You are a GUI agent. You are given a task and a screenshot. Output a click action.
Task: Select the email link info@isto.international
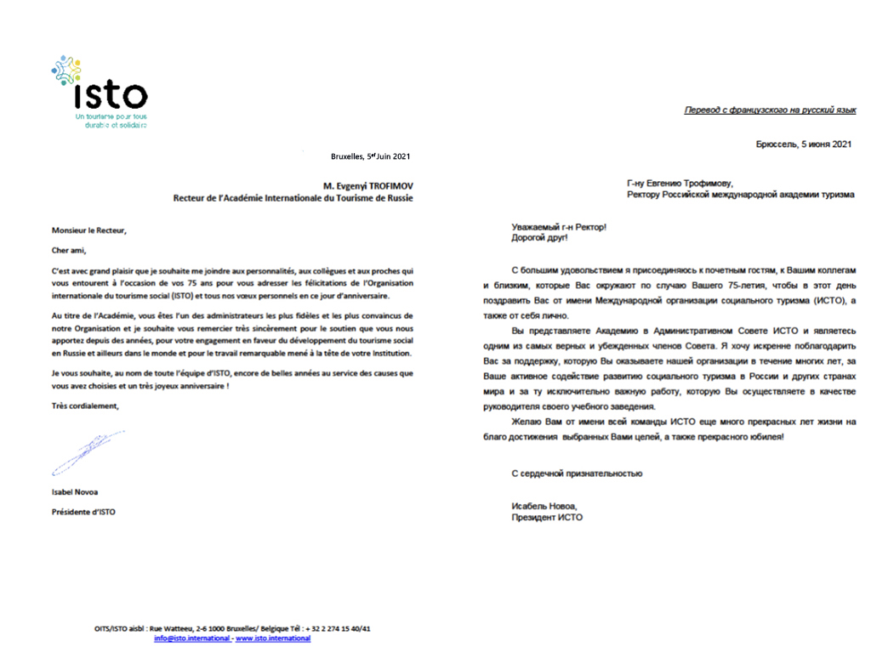pyautogui.click(x=191, y=638)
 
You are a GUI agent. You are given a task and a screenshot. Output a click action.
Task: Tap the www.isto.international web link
pyautogui.click(x=273, y=638)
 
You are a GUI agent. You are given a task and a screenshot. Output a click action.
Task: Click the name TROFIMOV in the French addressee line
pyautogui.click(x=385, y=184)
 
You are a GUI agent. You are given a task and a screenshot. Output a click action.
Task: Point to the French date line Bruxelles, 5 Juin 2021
pyautogui.click(x=370, y=156)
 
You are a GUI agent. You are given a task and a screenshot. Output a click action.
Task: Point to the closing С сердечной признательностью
pyautogui.click(x=577, y=473)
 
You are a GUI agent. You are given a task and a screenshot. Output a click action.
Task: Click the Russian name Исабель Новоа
pyautogui.click(x=544, y=506)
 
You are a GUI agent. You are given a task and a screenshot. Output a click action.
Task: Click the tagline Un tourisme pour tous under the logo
pyautogui.click(x=111, y=116)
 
